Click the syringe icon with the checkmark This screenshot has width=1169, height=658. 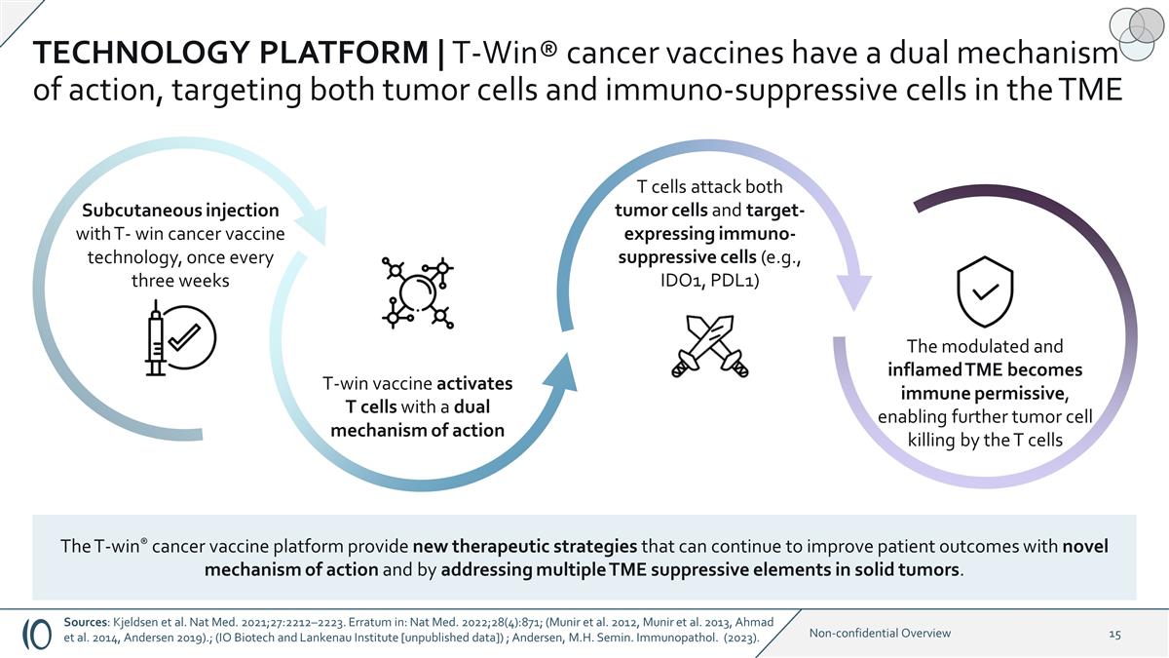pos(180,338)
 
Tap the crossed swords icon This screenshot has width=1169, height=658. pos(710,346)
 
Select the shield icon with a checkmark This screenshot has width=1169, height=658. pos(985,291)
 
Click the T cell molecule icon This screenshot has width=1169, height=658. pos(418,293)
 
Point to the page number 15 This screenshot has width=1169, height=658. pos(1114,634)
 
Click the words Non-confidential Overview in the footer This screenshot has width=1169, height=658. pos(880,634)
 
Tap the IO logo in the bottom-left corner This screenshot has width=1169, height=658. pos(37,634)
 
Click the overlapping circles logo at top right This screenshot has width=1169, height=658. pos(1133,32)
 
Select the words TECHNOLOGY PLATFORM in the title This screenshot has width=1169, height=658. pos(231,53)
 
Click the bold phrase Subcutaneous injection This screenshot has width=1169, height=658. pos(180,210)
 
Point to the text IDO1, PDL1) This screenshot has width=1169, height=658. pos(710,281)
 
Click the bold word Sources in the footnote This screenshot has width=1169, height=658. pos(86,622)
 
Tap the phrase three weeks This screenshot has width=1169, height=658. pos(180,281)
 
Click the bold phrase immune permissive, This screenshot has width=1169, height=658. pos(985,393)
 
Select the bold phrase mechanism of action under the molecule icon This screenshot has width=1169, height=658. pos(418,430)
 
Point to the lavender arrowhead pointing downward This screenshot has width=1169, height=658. pos(854,293)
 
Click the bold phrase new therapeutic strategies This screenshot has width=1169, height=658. pos(525,546)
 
